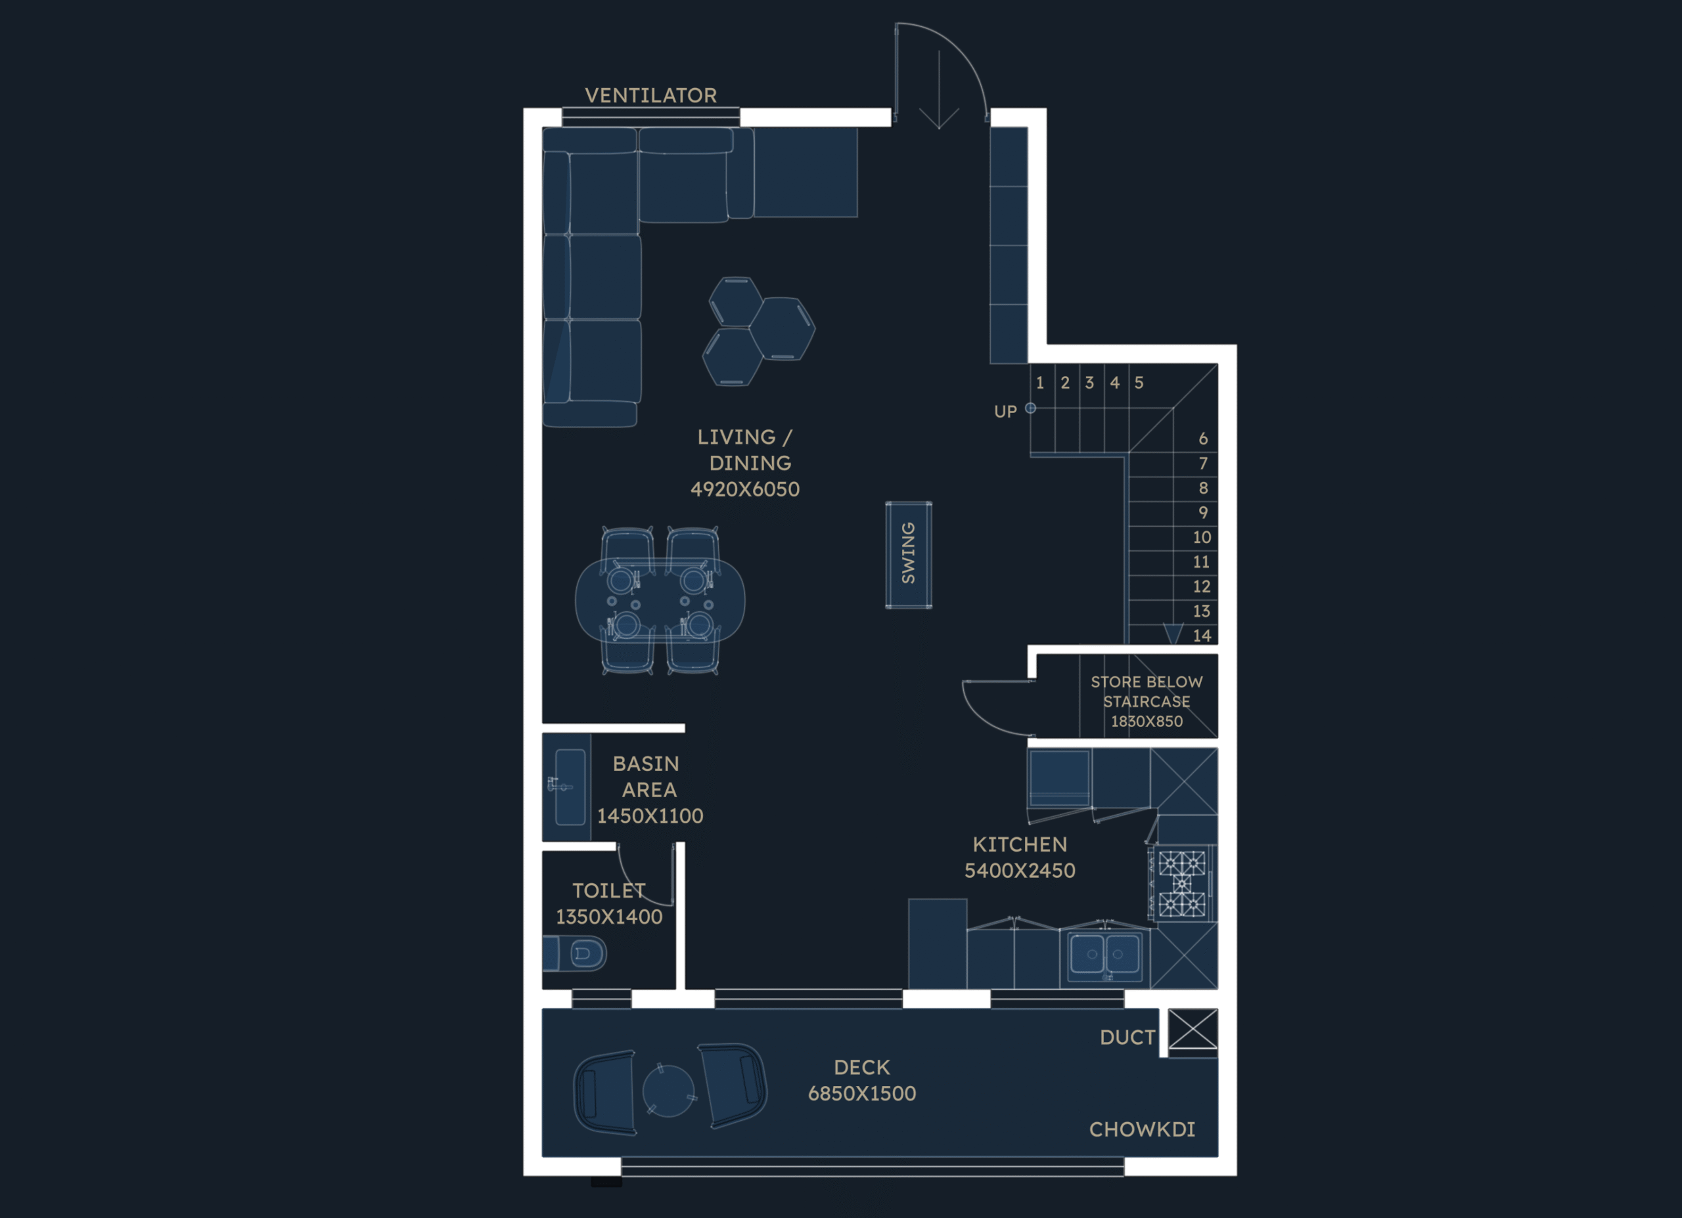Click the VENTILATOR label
point(650,96)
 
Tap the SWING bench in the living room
point(909,555)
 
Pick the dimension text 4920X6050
point(744,489)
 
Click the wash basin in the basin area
point(570,787)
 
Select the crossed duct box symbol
point(1193,1029)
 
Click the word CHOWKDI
point(1142,1130)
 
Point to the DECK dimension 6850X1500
point(862,1093)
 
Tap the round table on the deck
point(668,1091)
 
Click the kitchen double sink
point(1104,955)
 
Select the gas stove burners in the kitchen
point(1181,884)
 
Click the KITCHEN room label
point(1020,844)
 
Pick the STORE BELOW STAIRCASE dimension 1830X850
point(1147,722)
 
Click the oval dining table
point(660,601)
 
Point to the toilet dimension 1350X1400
point(609,917)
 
